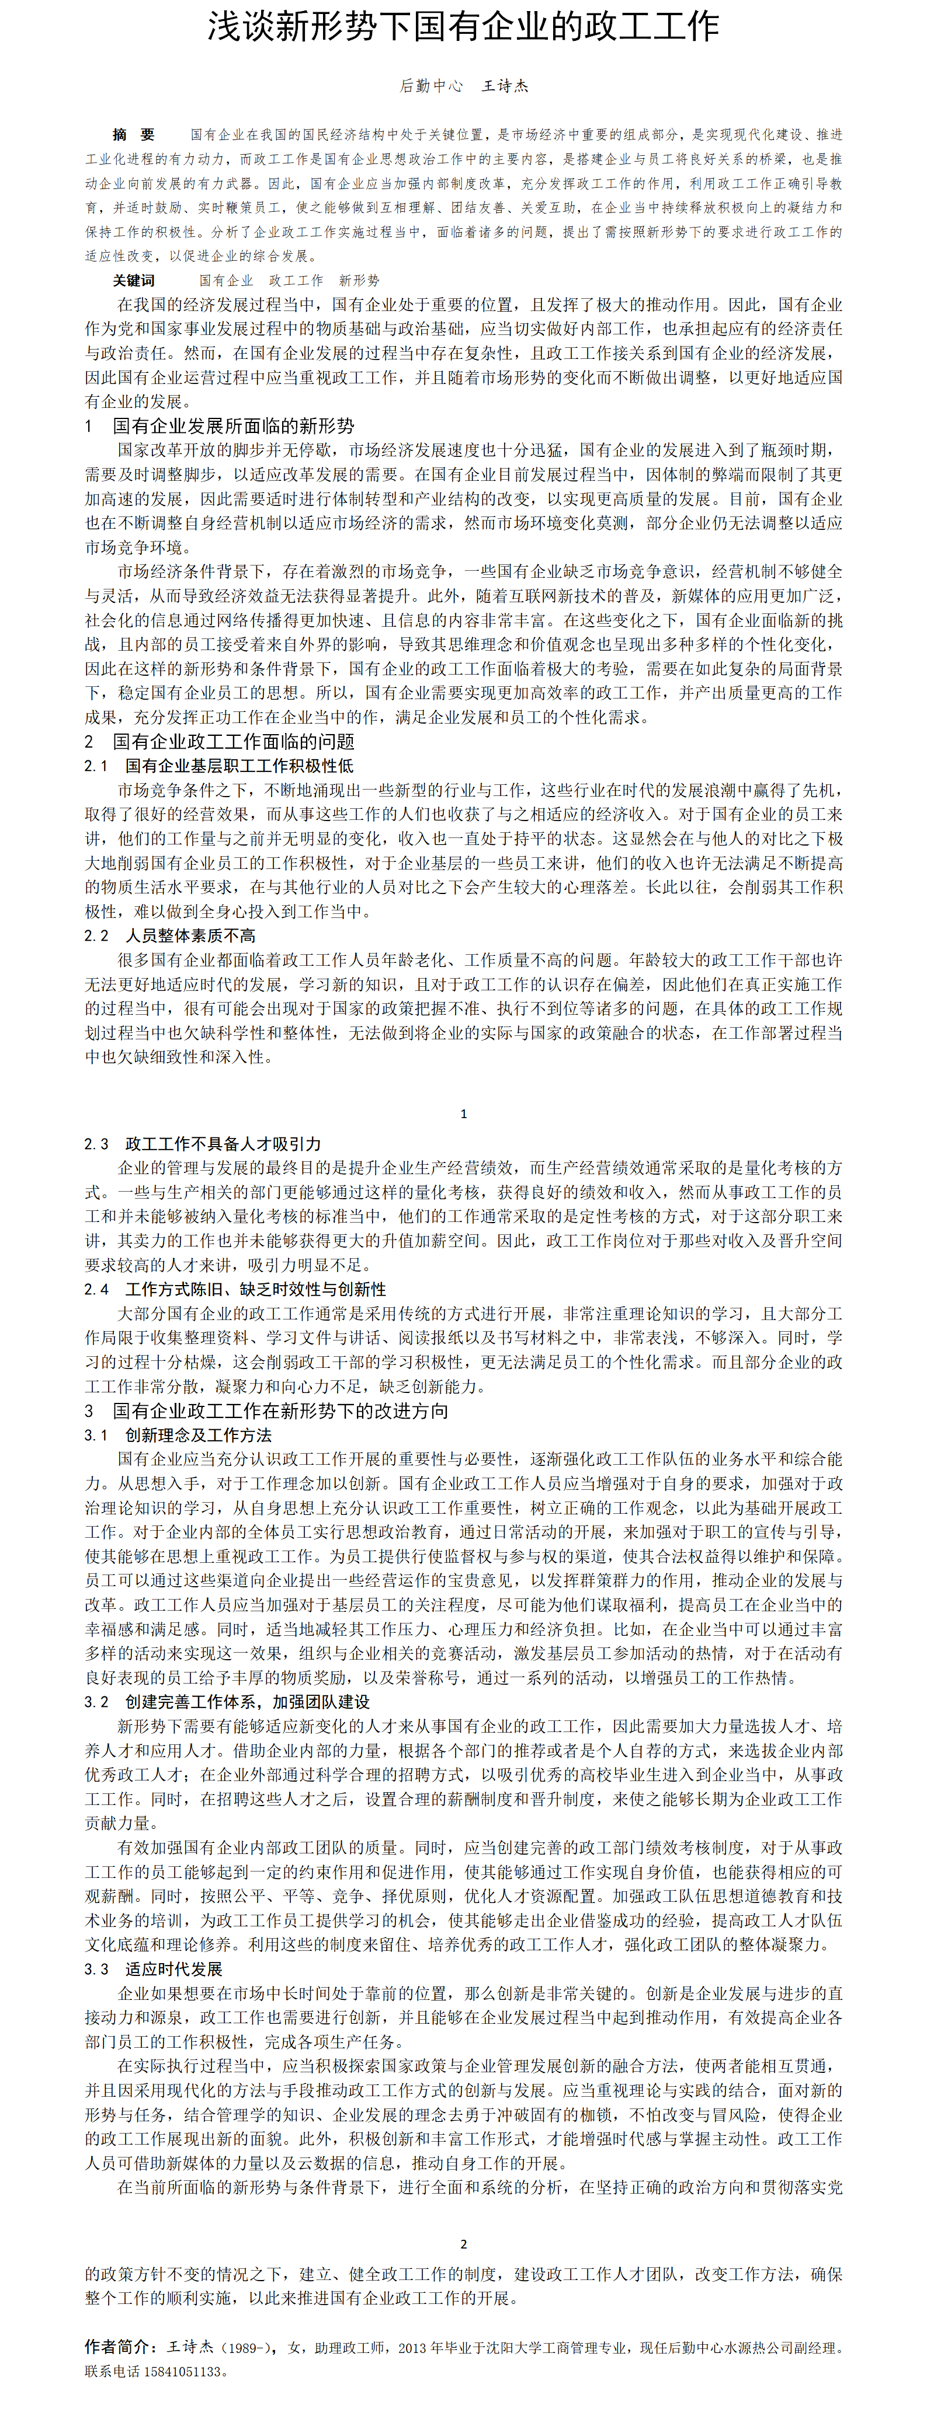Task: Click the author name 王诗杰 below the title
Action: pos(505,86)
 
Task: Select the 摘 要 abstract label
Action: pos(134,134)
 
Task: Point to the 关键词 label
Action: pos(134,280)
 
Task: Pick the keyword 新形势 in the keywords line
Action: pos(359,280)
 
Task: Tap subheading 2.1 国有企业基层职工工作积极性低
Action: pos(218,766)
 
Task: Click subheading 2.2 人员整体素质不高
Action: pos(169,935)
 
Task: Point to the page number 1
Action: pos(463,1113)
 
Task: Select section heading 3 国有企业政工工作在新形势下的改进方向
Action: pos(266,1410)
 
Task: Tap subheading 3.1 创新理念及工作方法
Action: pos(178,1434)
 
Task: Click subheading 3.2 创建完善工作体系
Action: pos(226,1702)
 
